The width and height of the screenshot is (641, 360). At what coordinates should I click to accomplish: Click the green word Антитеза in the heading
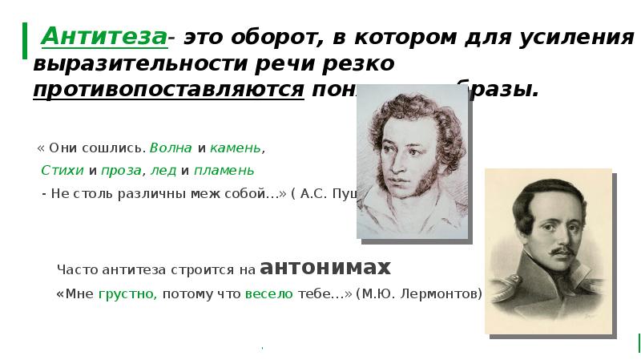[x=104, y=36]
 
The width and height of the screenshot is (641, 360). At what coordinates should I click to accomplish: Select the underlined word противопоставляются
[x=169, y=88]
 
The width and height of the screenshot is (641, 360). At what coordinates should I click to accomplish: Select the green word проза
[x=123, y=170]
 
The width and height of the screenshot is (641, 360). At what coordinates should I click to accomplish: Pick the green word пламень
[x=224, y=170]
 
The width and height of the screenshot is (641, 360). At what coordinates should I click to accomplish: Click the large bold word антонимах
[x=326, y=267]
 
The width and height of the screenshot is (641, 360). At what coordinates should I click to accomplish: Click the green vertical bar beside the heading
[x=25, y=40]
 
